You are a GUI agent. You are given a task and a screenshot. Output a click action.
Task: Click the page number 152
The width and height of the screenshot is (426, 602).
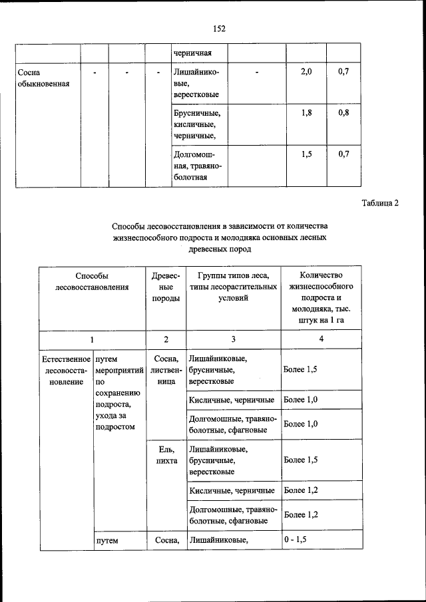(x=219, y=28)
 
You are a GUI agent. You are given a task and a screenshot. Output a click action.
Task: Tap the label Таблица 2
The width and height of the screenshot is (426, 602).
(x=380, y=203)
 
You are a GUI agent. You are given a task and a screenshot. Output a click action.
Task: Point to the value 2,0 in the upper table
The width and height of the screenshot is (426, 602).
(x=306, y=71)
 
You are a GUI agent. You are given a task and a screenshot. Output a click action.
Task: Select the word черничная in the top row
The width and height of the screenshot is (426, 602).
(x=192, y=52)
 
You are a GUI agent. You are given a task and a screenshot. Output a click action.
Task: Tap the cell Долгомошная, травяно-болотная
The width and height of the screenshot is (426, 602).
(x=198, y=166)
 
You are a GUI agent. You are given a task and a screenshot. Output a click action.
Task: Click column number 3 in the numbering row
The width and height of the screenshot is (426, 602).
(x=233, y=339)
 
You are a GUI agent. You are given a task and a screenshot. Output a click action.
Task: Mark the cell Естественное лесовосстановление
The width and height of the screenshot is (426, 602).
(x=65, y=370)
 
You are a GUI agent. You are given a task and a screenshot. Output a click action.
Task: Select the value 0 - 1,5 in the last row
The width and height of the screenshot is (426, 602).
(x=295, y=540)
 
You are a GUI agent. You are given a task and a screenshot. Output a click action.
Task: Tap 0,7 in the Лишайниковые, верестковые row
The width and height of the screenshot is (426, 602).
(x=343, y=71)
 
